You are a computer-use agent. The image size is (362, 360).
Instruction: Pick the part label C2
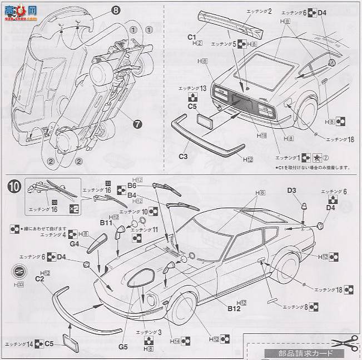(x=39, y=278)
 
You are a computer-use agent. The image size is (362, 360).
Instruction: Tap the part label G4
(x=75, y=244)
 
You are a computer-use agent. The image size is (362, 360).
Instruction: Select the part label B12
(x=234, y=309)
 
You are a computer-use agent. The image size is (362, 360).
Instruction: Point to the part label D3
(x=292, y=191)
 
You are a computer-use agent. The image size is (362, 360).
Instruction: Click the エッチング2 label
(x=258, y=11)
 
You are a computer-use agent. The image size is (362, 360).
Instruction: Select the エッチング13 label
(x=192, y=88)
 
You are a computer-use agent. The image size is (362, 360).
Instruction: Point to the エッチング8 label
(x=296, y=306)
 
